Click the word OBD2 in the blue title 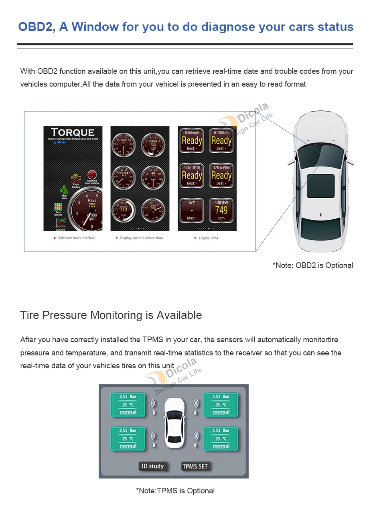pyautogui.click(x=36, y=27)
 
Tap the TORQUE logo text pyautogui.click(x=73, y=132)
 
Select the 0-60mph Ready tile pyautogui.click(x=192, y=140)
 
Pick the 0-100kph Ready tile pyautogui.click(x=221, y=140)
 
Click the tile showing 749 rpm pyautogui.click(x=221, y=210)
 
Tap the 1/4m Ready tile pyautogui.click(x=192, y=175)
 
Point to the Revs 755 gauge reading pyautogui.click(x=92, y=203)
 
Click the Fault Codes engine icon pyautogui.click(x=76, y=179)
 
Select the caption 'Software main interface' pyautogui.click(x=76, y=238)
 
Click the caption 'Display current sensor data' pyautogui.click(x=141, y=238)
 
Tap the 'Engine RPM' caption pyautogui.click(x=208, y=238)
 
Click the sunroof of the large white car pyautogui.click(x=321, y=186)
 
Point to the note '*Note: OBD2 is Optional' pyautogui.click(x=313, y=266)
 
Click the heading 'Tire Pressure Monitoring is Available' pyautogui.click(x=111, y=315)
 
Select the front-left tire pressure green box pyautogui.click(x=128, y=404)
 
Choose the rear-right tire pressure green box pyautogui.click(x=221, y=438)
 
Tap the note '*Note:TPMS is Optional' pyautogui.click(x=175, y=491)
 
